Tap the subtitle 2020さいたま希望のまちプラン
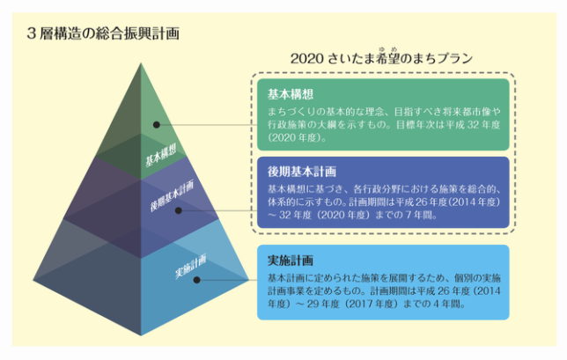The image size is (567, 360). (x=381, y=60)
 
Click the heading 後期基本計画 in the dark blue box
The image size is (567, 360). (x=301, y=171)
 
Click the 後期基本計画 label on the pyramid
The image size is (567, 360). (x=171, y=199)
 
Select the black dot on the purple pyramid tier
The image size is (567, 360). (x=179, y=209)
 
